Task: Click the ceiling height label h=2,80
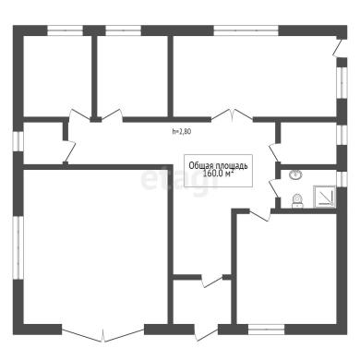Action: tap(182, 131)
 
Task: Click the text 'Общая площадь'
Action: tap(218, 166)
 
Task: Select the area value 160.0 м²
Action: tap(219, 174)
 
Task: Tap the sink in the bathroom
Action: tap(295, 175)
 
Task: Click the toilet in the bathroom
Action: tap(297, 200)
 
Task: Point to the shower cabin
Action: tap(325, 197)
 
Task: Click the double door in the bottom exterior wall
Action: tap(103, 335)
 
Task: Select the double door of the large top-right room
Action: tap(233, 115)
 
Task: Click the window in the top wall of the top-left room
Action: tap(65, 30)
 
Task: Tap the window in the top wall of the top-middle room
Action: tap(124, 30)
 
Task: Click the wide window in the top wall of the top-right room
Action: tap(246, 30)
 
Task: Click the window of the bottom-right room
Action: tap(266, 330)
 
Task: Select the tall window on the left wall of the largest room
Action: tap(18, 247)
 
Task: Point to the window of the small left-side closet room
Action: tap(18, 142)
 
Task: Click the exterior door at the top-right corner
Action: tap(339, 47)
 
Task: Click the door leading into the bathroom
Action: tap(274, 187)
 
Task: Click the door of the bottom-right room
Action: tap(260, 216)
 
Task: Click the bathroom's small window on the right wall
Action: tap(342, 178)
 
